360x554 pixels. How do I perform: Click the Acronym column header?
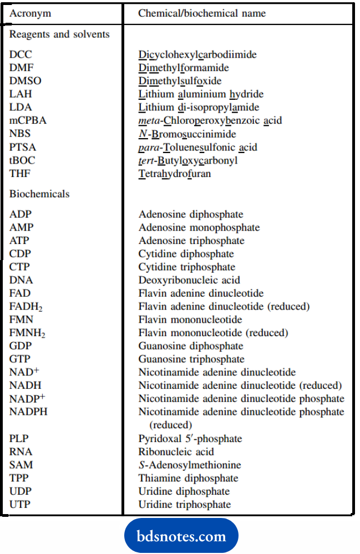pos(29,13)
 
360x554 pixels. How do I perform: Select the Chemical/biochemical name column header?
pos(202,13)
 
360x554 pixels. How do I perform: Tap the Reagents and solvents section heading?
pos(59,34)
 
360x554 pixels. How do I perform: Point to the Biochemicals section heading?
pos(39,194)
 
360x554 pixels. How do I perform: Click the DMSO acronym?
pos(25,81)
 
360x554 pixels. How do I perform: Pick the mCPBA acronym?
pos(28,121)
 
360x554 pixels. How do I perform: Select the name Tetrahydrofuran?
pos(175,174)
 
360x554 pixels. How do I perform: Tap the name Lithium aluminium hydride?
pos(201,94)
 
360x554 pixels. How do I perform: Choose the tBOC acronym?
pos(23,161)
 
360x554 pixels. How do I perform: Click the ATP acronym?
pos(21,241)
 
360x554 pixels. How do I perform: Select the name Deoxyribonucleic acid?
pos(189,281)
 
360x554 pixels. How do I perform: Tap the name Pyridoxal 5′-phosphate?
pos(190,439)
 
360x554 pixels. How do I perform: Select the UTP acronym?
pos(21,505)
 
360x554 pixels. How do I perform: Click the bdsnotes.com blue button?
pos(182,536)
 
